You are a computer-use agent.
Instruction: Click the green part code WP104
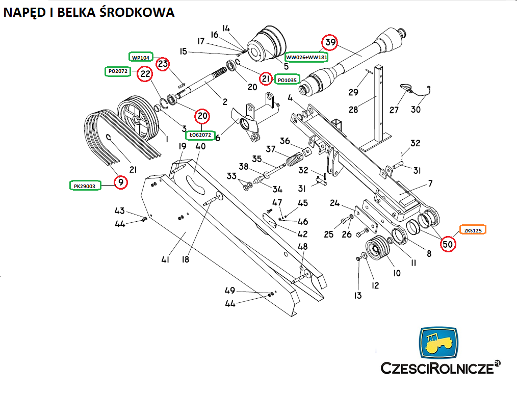pyautogui.click(x=141, y=57)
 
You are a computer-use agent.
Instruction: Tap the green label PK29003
pyautogui.click(x=86, y=186)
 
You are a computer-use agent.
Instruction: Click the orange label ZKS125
pyautogui.click(x=473, y=230)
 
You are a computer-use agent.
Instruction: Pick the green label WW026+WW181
pyautogui.click(x=306, y=57)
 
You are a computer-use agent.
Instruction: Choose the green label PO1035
pyautogui.click(x=287, y=80)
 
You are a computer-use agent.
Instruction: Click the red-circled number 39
pyautogui.click(x=330, y=43)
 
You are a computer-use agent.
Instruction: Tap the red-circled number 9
pyautogui.click(x=120, y=182)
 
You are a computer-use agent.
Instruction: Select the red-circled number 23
pyautogui.click(x=162, y=64)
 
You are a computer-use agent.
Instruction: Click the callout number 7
pyautogui.click(x=430, y=182)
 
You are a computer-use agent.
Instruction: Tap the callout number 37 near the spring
pyautogui.click(x=271, y=150)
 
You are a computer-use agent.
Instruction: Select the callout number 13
pyautogui.click(x=357, y=295)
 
